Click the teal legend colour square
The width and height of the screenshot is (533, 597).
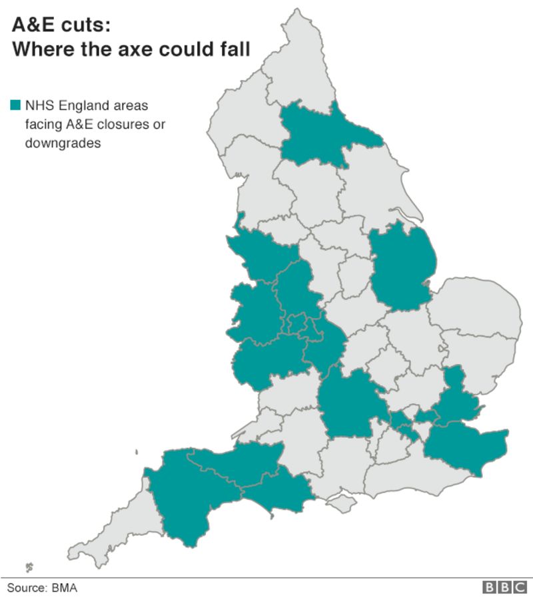point(15,105)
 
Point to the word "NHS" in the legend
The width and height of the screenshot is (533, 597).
point(39,105)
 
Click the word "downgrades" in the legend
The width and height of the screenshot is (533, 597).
point(63,142)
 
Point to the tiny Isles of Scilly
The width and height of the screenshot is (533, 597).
point(29,567)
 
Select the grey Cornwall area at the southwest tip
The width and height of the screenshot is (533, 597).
point(113,526)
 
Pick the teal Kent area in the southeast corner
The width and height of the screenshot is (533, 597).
point(466,446)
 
